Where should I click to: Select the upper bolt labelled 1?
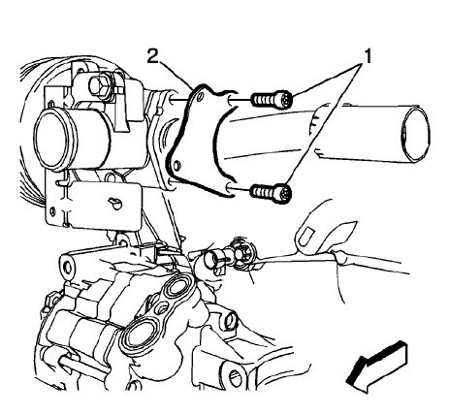(269, 98)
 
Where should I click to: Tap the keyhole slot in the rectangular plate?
(115, 203)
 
